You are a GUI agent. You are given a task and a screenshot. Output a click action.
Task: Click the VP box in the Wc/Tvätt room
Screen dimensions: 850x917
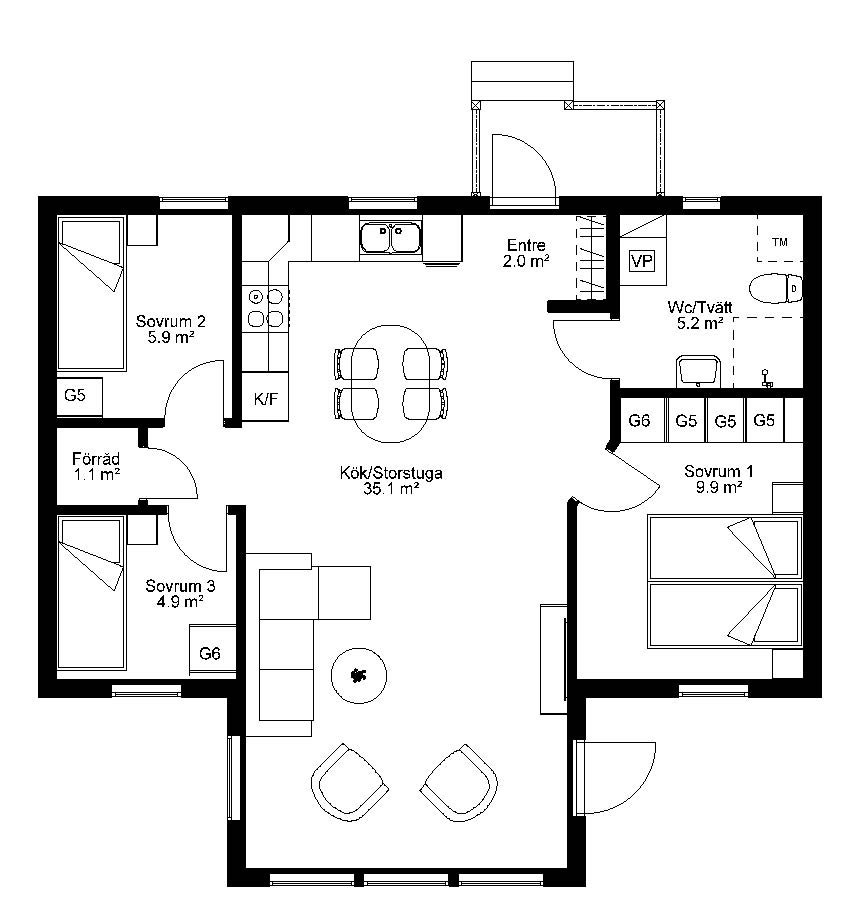642,261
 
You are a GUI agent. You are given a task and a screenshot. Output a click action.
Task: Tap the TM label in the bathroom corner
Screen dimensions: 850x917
780,242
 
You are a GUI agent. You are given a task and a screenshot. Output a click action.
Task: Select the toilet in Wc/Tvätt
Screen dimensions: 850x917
776,288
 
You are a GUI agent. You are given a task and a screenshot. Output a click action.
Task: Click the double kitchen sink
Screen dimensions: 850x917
390,237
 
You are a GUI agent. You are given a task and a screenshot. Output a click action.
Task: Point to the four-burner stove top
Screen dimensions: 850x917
266,308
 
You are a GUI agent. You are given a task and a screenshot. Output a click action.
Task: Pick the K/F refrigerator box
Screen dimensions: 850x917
266,398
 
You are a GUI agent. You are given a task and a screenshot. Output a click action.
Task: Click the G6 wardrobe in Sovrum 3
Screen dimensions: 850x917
210,652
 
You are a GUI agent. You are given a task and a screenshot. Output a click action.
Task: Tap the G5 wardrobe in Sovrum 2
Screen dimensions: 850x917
75,395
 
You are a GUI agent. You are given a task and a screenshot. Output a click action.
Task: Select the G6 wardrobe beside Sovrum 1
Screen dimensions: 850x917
639,420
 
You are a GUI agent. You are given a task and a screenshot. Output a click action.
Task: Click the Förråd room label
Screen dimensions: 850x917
97,458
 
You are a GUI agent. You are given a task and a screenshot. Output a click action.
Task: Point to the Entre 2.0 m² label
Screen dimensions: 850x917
526,253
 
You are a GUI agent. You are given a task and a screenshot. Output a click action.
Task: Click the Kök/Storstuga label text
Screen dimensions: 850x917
391,473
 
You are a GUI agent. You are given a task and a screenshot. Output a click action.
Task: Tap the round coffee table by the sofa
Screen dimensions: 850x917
359,675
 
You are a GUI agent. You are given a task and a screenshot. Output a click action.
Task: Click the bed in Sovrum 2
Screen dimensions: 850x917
91,294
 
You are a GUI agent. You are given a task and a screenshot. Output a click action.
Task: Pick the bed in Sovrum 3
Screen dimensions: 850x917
92,592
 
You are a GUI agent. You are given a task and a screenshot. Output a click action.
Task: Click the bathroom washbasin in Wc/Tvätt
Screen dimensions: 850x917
698,371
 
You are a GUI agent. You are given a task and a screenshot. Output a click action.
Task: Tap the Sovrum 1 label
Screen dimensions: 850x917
719,471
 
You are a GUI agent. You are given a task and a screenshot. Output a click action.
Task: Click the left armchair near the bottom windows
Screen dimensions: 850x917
349,783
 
